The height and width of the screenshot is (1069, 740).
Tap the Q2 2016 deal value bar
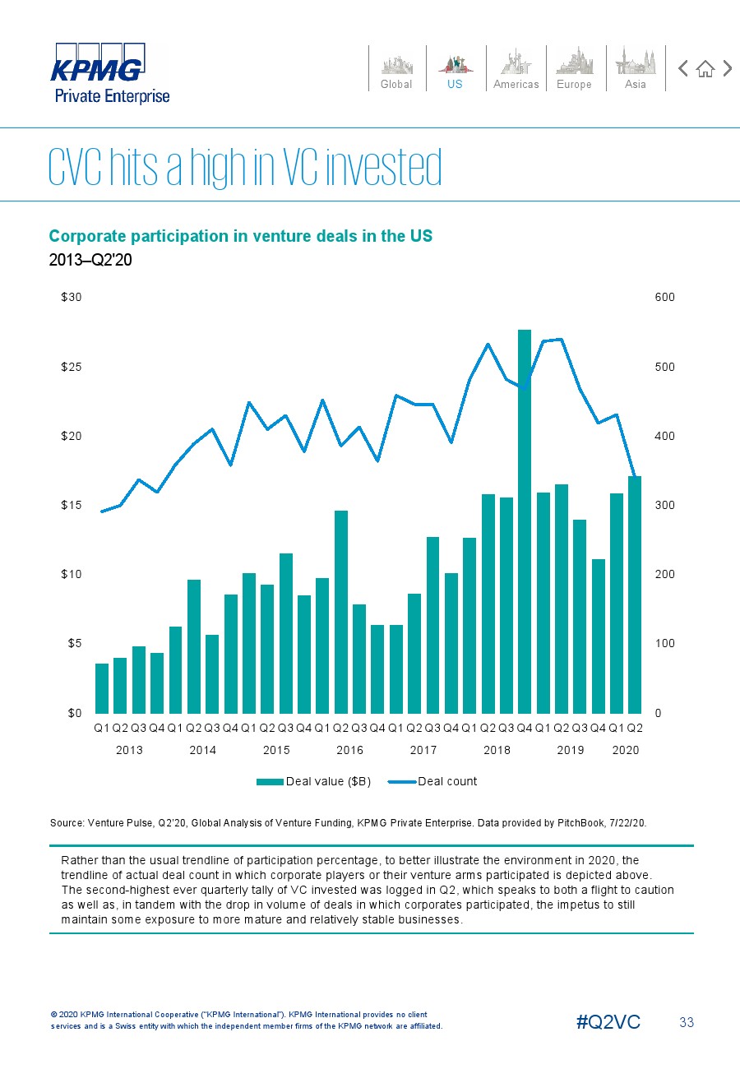(340, 612)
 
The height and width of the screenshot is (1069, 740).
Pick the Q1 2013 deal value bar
(102, 688)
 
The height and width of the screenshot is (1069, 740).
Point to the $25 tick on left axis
(71, 367)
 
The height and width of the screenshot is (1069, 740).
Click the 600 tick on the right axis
(665, 298)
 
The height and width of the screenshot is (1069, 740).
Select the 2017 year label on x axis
(423, 750)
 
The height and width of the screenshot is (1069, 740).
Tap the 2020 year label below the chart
(626, 750)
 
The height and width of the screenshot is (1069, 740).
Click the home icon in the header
(705, 69)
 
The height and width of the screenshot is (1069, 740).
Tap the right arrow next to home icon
(727, 69)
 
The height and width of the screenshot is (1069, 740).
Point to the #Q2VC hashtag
(608, 1022)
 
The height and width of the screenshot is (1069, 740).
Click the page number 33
(687, 1022)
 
